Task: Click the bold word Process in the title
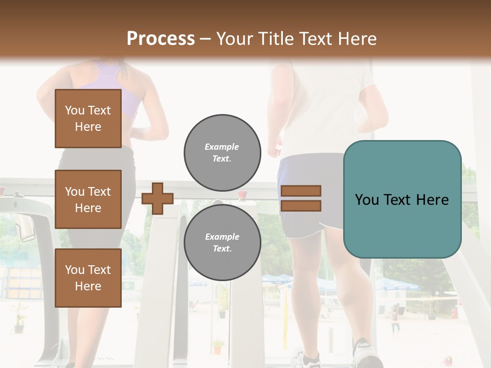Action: pyautogui.click(x=161, y=39)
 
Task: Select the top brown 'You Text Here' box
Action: pyautogui.click(x=88, y=119)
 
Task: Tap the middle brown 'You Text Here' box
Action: pyautogui.click(x=88, y=199)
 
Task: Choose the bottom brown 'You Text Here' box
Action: pyautogui.click(x=88, y=278)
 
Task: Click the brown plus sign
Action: pyautogui.click(x=158, y=198)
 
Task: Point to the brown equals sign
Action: pyautogui.click(x=301, y=198)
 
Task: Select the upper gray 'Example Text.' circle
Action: pyautogui.click(x=222, y=152)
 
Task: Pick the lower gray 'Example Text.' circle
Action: pyautogui.click(x=222, y=242)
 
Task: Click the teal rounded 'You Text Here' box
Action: pyautogui.click(x=402, y=199)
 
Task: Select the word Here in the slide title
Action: pyautogui.click(x=357, y=39)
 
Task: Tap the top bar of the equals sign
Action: pyautogui.click(x=301, y=191)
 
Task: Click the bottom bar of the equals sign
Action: pyautogui.click(x=301, y=205)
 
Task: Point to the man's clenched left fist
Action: pyautogui.click(x=275, y=150)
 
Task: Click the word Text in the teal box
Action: pyautogui.click(x=401, y=200)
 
